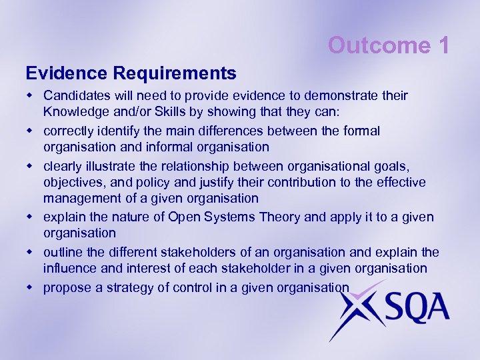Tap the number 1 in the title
click(x=444, y=45)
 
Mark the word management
click(x=83, y=199)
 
